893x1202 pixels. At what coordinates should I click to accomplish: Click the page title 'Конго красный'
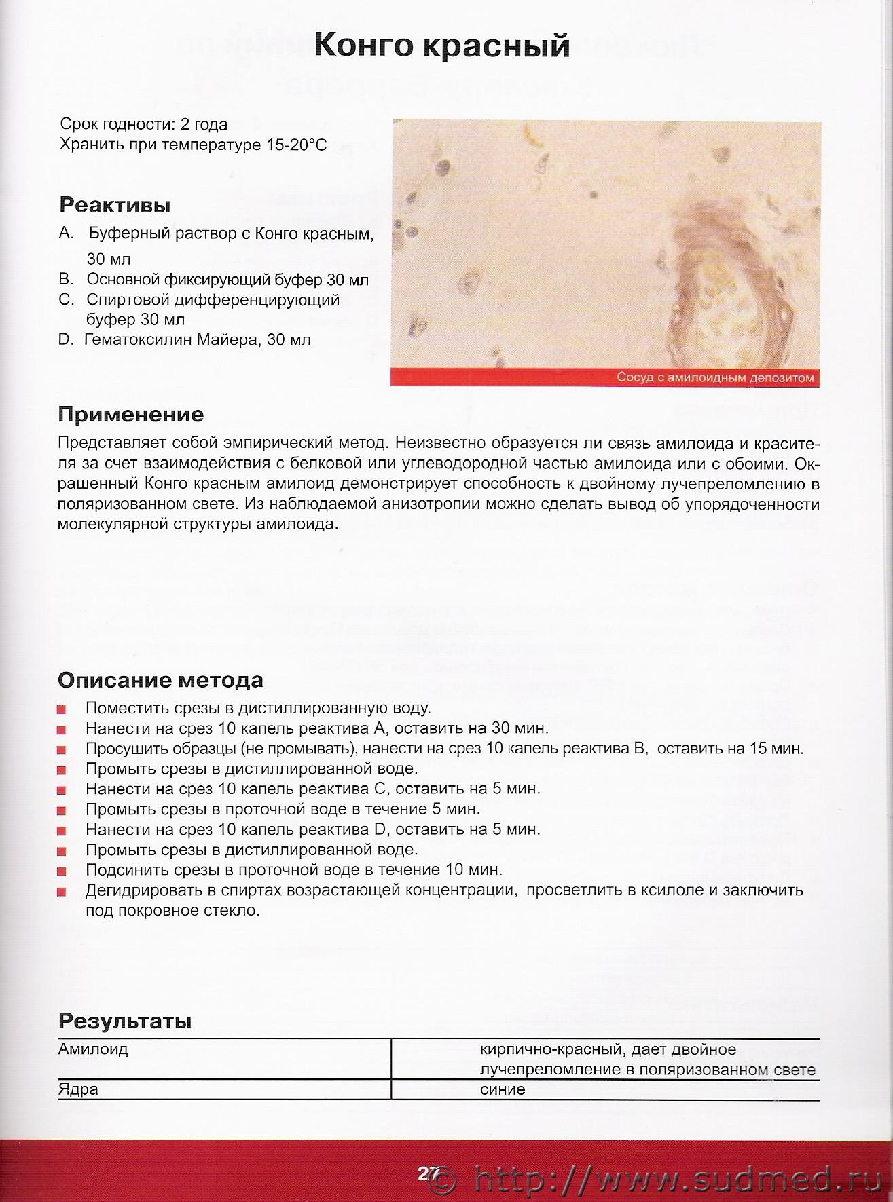[x=442, y=46]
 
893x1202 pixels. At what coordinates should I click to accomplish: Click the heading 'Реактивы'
[x=114, y=204]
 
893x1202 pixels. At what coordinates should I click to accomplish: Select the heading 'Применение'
[x=130, y=414]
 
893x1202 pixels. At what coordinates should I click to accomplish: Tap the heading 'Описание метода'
[x=160, y=679]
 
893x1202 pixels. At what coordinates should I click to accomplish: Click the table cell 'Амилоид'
[x=93, y=1049]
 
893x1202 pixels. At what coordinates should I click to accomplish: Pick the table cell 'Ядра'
[x=78, y=1089]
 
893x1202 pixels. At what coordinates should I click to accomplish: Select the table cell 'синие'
[x=502, y=1089]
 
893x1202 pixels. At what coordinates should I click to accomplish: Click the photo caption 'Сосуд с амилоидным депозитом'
[x=715, y=378]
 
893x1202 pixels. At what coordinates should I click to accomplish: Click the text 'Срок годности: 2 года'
[x=144, y=125]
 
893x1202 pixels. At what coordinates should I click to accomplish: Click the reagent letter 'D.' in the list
[x=66, y=339]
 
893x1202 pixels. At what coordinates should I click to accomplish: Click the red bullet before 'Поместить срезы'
[x=62, y=709]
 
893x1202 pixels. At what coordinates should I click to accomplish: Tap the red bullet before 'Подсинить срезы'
[x=62, y=871]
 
